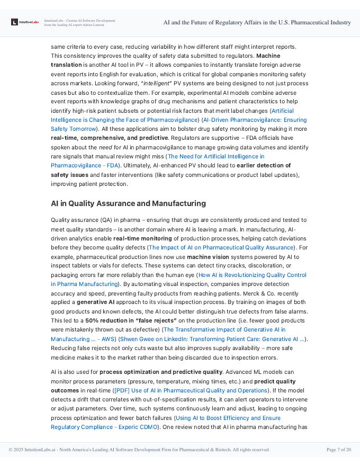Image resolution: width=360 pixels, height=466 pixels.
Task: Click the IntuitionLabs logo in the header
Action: pos(25,22)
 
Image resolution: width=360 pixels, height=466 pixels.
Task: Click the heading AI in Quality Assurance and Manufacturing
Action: pos(128,203)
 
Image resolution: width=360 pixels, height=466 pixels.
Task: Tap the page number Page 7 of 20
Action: pos(338,450)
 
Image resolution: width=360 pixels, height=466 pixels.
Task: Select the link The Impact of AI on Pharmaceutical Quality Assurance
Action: pos(221,247)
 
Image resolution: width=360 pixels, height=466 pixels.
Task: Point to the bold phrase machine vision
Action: pos(207,256)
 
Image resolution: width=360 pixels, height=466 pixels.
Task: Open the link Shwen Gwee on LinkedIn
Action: pos(212,339)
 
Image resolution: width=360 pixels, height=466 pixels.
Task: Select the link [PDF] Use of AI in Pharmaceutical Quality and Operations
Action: pos(191,390)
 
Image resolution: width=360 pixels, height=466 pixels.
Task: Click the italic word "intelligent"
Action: pos(157,83)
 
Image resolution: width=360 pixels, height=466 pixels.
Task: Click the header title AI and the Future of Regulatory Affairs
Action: pos(257,22)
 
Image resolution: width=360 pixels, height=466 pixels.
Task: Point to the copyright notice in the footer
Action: pos(139,450)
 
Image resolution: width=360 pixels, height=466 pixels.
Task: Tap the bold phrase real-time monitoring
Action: pos(141,238)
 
